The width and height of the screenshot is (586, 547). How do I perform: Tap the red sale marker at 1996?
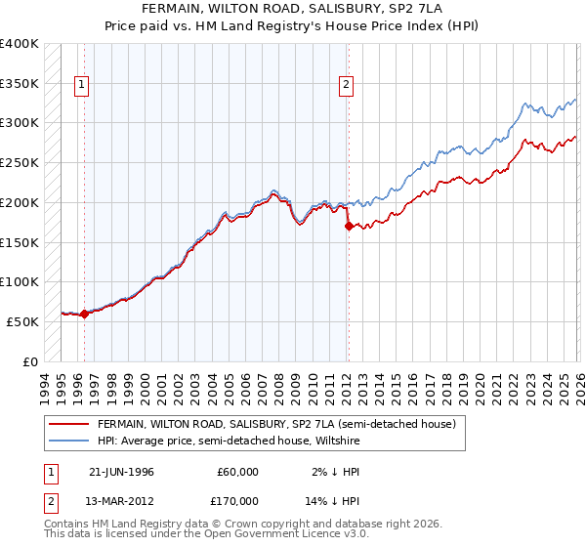coord(84,314)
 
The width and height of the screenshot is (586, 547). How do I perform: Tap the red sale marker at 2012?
coord(349,226)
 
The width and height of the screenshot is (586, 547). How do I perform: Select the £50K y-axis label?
coord(22,321)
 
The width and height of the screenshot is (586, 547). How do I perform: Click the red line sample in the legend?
coord(69,424)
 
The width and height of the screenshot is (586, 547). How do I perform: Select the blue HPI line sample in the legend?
coord(69,441)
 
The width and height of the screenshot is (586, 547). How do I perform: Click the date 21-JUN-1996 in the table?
coord(121,472)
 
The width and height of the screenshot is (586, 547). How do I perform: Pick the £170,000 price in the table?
coord(237,500)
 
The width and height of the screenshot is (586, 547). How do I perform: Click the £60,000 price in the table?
coord(237,472)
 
